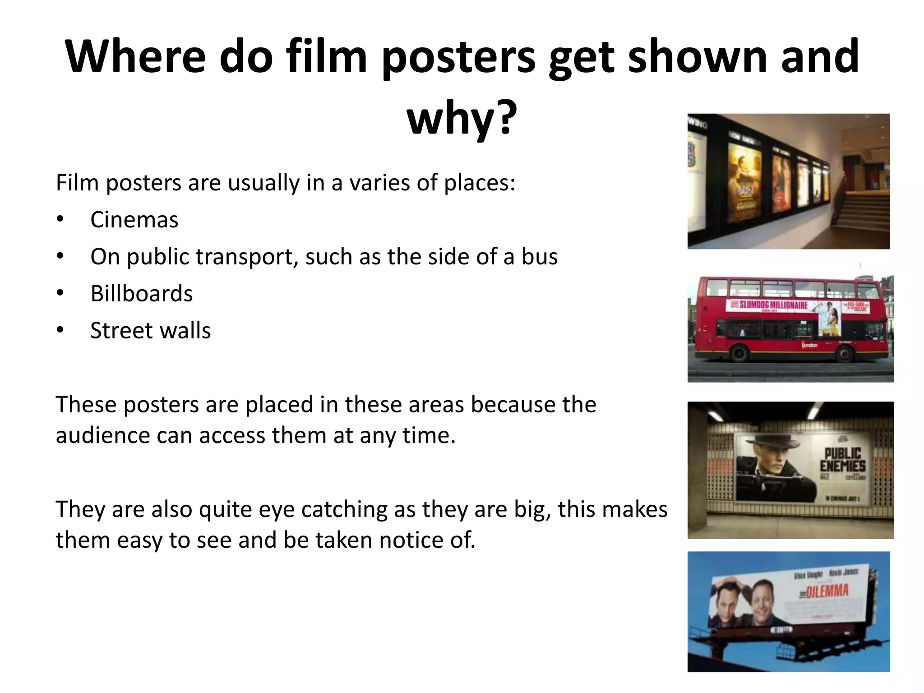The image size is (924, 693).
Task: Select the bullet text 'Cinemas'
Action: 134,220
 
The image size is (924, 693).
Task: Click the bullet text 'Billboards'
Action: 141,294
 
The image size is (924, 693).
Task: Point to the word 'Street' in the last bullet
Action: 119,330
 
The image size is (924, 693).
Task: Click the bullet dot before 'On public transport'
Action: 60,257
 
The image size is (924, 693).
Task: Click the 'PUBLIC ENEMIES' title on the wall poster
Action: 843,460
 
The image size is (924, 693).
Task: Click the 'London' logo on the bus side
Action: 809,346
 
